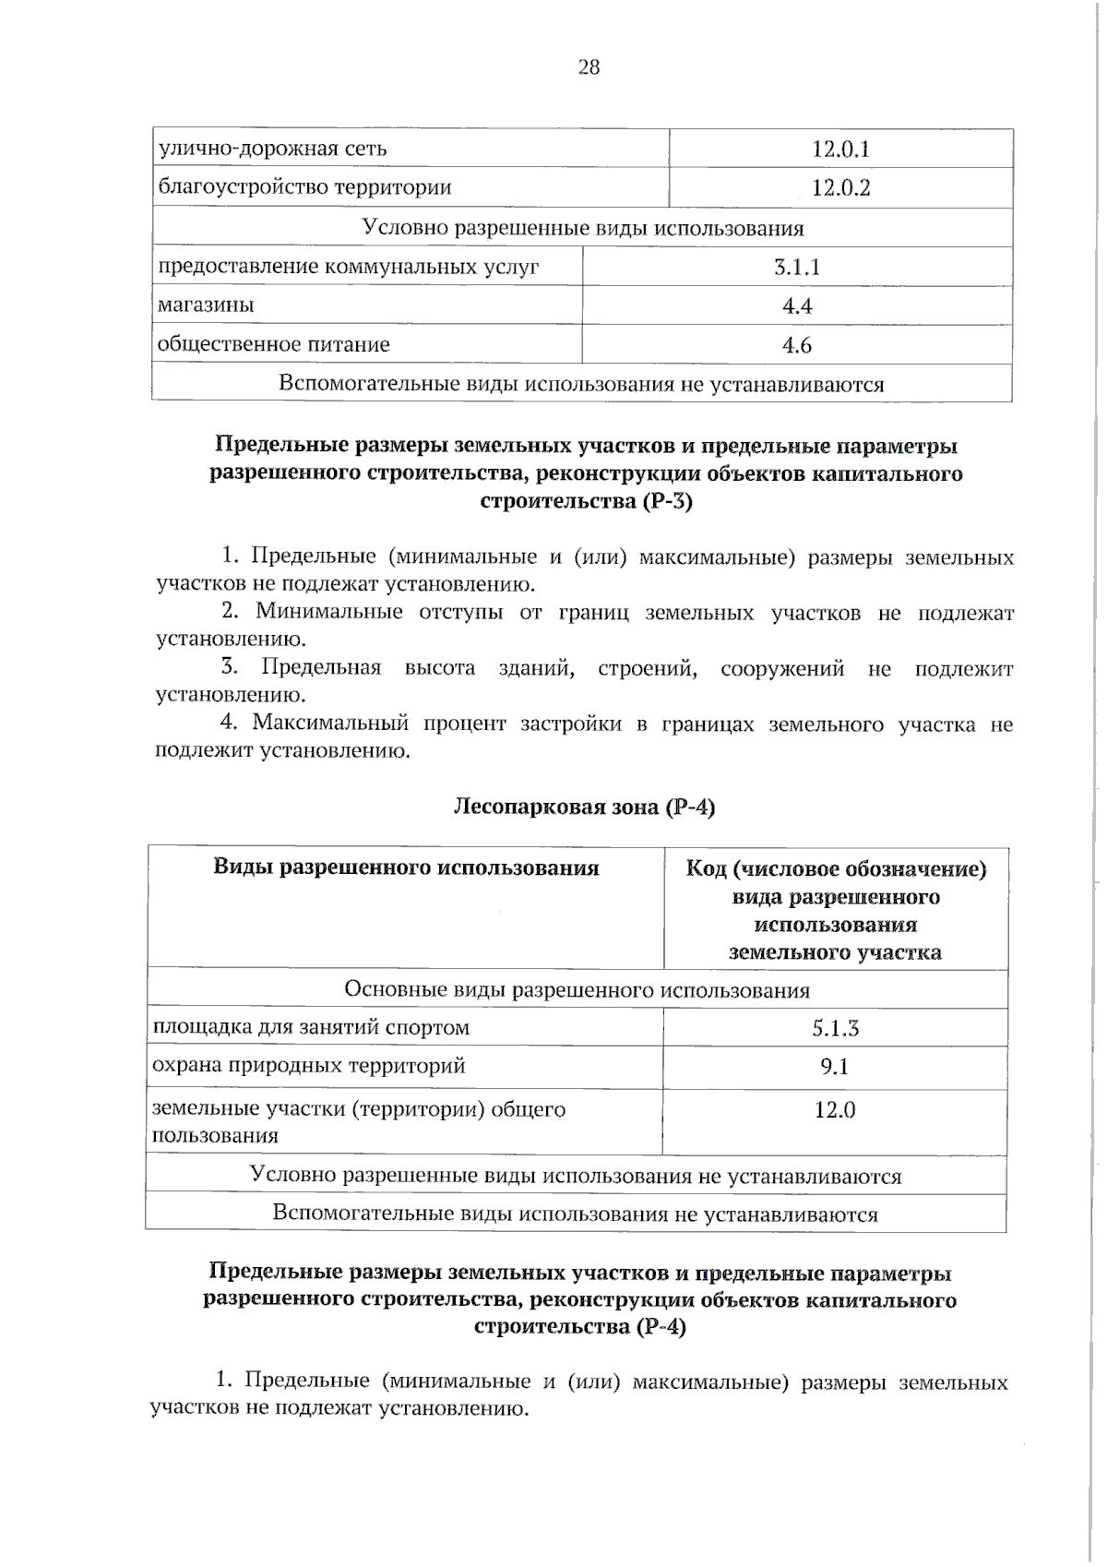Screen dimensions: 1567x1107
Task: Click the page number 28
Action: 589,66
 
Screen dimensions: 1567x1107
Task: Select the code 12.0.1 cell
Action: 840,149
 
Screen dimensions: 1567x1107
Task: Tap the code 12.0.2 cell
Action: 840,188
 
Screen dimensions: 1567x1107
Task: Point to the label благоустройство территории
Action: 304,187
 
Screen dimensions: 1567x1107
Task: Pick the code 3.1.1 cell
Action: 797,268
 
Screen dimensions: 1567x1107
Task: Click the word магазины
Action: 206,305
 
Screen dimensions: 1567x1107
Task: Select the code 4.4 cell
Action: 797,306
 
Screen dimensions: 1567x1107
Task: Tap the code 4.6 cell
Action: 797,345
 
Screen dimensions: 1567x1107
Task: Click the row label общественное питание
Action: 273,344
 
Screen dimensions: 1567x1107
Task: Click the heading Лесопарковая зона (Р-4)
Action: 584,807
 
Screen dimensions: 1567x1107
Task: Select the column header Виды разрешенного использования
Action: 406,867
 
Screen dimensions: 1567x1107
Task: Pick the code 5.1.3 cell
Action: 835,1028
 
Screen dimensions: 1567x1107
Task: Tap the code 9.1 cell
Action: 835,1067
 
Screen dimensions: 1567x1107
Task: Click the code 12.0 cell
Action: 835,1109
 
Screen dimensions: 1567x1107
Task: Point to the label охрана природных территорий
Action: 308,1066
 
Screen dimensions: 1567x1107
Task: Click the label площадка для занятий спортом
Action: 310,1027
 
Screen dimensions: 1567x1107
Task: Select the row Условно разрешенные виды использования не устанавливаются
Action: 576,1176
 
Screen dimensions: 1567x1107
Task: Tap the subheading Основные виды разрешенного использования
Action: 577,989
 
